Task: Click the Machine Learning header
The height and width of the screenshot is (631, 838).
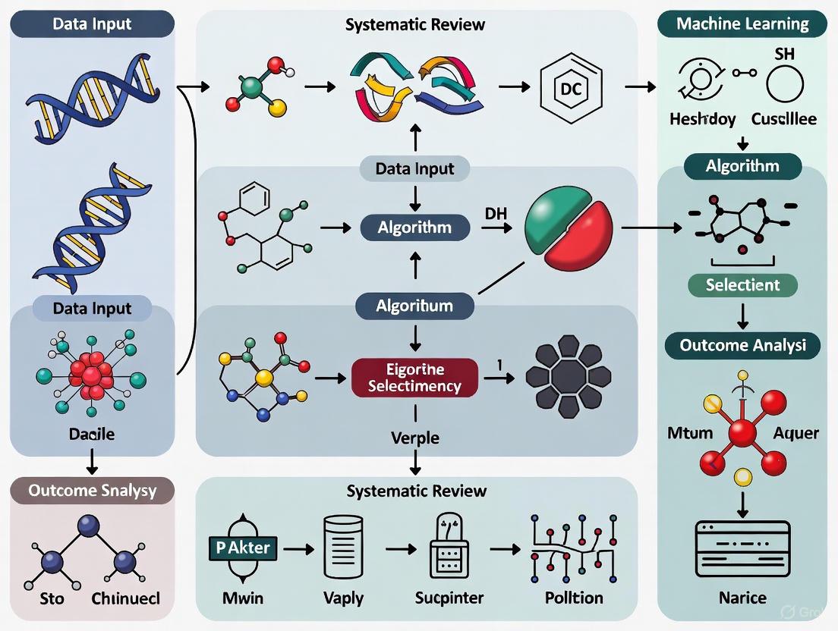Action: [742, 23]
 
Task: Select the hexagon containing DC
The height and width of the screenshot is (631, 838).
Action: [569, 88]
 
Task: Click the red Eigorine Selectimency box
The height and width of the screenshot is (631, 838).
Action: [414, 378]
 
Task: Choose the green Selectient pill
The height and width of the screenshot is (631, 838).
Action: [742, 285]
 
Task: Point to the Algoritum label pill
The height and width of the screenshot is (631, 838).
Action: [414, 306]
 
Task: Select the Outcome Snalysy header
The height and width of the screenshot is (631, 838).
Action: [92, 490]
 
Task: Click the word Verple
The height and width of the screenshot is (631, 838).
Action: [414, 438]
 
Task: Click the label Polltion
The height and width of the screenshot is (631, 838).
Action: [574, 598]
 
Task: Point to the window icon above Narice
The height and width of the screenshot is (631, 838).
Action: [742, 542]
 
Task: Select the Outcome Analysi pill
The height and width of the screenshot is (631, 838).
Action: [742, 346]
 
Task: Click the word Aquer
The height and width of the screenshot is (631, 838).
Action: [795, 433]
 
